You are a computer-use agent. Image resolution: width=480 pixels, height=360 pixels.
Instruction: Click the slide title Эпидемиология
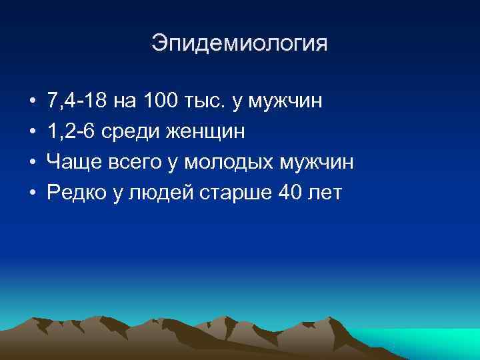click(240, 44)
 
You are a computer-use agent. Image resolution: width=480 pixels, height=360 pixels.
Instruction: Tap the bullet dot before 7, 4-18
click(32, 102)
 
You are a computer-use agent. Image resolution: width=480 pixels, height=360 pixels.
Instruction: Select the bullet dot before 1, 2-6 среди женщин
click(32, 133)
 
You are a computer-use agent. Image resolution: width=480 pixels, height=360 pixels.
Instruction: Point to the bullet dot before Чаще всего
click(32, 163)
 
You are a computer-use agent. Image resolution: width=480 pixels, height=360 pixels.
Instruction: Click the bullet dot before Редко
click(32, 194)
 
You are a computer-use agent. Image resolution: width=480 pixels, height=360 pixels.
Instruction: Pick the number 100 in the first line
click(158, 102)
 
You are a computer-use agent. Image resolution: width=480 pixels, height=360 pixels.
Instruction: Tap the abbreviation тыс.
click(203, 102)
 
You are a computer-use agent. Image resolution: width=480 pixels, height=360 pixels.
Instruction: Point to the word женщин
click(204, 133)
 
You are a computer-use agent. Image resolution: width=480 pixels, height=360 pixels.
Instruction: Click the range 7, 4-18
click(78, 102)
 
